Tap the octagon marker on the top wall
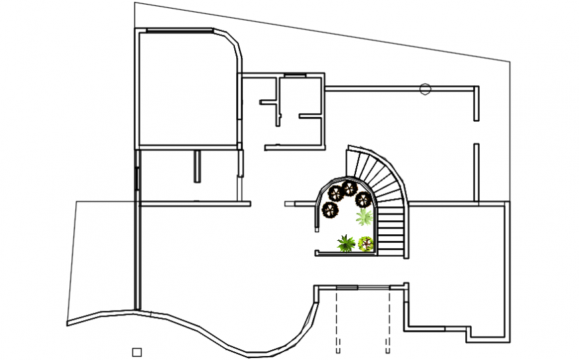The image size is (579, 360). click(425, 89)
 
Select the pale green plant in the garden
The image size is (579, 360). click(363, 217)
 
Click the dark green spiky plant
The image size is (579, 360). click(345, 244)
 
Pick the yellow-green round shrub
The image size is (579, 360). click(365, 244)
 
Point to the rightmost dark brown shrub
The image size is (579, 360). click(363, 199)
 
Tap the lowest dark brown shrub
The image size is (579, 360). click(330, 211)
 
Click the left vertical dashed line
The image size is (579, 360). click(337, 319)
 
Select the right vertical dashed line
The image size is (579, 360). click(388, 319)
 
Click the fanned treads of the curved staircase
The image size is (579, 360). click(383, 176)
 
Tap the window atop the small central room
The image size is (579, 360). click(293, 75)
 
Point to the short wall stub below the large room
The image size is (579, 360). click(197, 166)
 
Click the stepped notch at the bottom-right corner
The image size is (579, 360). click(469, 333)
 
